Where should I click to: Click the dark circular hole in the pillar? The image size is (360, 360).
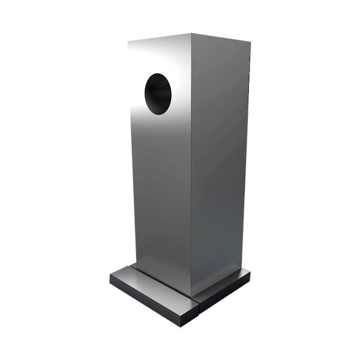(x=158, y=94)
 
